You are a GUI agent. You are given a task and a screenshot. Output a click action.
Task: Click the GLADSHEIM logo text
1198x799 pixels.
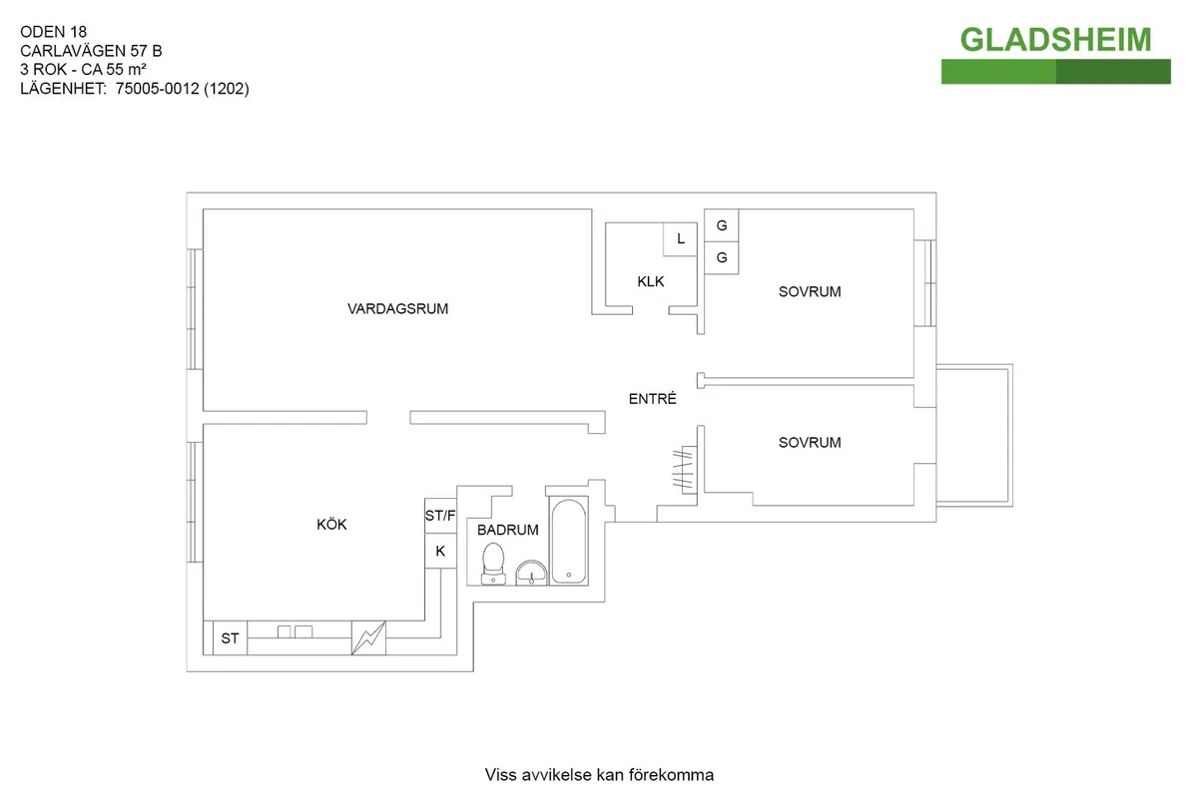coord(1055,40)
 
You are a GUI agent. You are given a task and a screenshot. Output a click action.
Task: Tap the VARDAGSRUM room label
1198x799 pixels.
coord(397,309)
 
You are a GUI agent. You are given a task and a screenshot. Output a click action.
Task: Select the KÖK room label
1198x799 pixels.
coord(331,525)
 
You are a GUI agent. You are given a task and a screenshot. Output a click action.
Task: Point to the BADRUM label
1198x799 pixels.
coord(508,531)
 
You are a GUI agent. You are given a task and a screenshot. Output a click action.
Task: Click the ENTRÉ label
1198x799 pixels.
coord(653,399)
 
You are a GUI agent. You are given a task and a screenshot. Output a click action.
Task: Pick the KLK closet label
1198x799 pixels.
coord(651,282)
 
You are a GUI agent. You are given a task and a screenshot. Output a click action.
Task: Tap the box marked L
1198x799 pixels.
coord(681,239)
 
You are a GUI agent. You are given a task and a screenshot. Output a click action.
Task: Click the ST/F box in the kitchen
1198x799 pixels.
coord(440,516)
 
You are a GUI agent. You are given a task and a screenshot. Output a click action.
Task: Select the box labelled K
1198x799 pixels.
coord(440,551)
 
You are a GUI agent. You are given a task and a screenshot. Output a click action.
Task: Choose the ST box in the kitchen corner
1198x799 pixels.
coord(230,638)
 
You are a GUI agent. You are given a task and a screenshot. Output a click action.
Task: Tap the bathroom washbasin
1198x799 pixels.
coord(531,572)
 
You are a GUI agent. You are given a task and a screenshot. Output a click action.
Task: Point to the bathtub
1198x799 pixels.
coord(568,541)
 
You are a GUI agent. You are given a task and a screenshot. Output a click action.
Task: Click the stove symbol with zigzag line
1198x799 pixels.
coord(367,638)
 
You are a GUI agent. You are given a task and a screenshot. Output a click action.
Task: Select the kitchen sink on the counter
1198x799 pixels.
coord(294,631)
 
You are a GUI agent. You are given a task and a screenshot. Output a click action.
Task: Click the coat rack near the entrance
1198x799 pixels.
coord(683,470)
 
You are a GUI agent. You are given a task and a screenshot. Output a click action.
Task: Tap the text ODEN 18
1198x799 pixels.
coord(54,31)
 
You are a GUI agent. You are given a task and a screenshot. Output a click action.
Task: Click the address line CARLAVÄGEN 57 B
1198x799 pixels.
coord(91,50)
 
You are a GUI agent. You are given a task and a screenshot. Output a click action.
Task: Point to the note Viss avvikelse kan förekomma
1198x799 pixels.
coord(599,775)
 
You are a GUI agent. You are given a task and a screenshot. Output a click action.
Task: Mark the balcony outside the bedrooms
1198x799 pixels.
coord(976,434)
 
